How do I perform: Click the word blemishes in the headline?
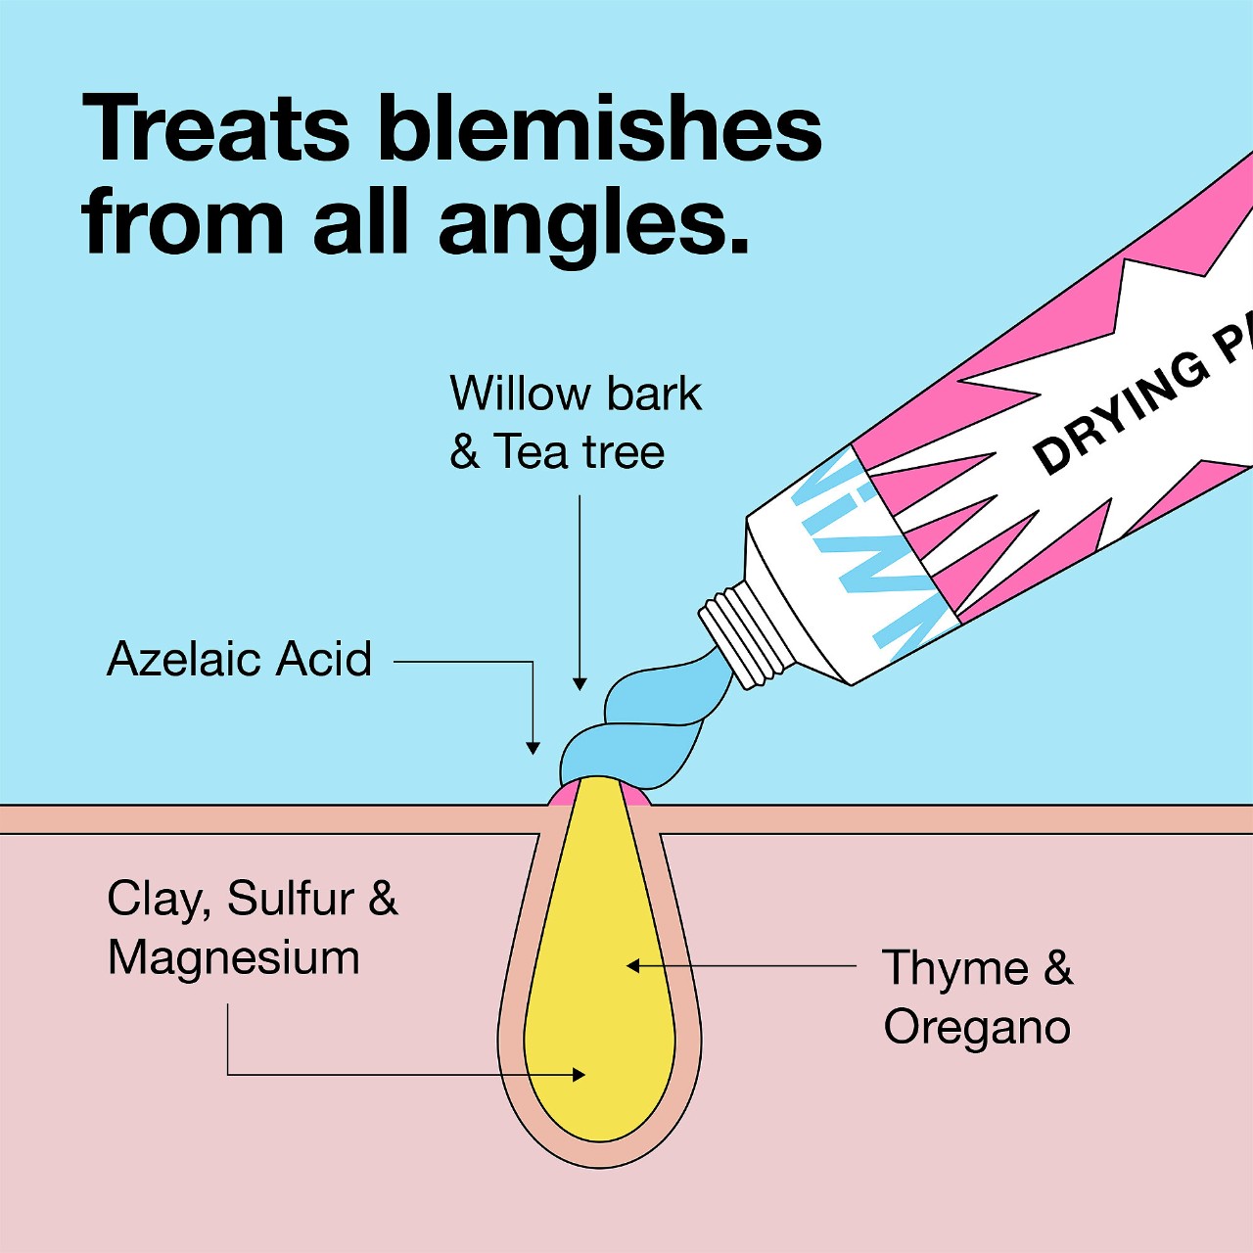click(599, 129)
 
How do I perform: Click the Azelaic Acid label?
click(240, 659)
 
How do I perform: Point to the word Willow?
click(519, 394)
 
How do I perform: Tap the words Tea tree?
click(580, 452)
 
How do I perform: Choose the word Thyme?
click(955, 969)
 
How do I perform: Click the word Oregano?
click(977, 1028)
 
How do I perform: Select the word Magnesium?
click(234, 957)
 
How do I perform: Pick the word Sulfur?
click(291, 899)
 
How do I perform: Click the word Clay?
click(160, 899)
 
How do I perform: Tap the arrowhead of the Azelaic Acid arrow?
click(533, 749)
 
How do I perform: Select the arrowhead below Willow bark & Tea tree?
click(580, 684)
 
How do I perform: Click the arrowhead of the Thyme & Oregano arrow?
click(632, 966)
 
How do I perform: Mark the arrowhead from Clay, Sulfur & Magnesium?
click(580, 1075)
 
